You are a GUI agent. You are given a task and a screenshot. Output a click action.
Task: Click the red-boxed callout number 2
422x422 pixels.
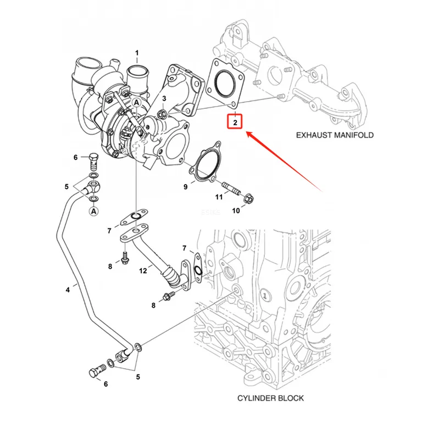point(235,123)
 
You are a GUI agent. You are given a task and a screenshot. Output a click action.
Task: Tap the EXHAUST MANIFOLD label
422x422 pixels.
point(335,135)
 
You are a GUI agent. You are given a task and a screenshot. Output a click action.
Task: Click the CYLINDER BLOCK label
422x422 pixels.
point(270,398)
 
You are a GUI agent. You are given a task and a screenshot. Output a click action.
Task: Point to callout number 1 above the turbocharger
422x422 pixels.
point(137,53)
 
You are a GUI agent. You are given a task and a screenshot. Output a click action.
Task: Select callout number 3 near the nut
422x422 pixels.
point(164,98)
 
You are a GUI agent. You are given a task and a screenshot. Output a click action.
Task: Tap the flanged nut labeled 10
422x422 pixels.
point(249,199)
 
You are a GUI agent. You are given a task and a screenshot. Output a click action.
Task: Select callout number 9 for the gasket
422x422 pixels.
point(185,186)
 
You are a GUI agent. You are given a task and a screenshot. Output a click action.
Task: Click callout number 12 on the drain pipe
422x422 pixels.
point(143,270)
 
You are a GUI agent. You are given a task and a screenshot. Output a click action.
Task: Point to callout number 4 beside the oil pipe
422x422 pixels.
point(68,290)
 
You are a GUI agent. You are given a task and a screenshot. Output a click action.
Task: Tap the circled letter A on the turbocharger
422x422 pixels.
point(137,103)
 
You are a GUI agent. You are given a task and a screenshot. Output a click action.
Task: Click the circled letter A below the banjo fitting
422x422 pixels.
point(93,211)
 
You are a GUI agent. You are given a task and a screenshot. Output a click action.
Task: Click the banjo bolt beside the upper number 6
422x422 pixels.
point(93,162)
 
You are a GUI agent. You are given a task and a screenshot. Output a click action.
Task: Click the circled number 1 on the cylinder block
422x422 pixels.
point(265,296)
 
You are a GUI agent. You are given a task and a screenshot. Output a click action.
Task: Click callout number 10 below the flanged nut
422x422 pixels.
point(236,210)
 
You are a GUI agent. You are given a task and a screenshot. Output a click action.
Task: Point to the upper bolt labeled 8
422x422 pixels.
point(125,258)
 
